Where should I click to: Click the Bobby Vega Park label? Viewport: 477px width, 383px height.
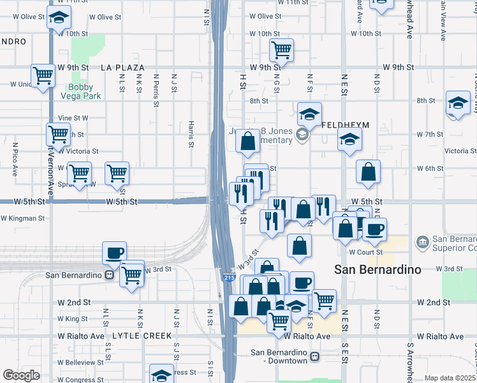(81, 91)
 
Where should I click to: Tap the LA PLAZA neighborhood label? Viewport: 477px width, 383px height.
(122, 67)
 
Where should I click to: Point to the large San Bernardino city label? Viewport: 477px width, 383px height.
(378, 269)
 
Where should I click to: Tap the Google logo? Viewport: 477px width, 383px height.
(21, 375)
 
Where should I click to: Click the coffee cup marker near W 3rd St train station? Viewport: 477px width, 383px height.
(114, 253)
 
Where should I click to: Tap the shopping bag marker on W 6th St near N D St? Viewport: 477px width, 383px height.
(369, 171)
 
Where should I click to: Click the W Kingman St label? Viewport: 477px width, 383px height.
(23, 218)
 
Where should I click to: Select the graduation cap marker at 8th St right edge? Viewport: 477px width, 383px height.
(458, 103)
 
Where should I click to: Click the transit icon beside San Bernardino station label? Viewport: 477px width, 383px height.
(109, 276)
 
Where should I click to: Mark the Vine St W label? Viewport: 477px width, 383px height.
(73, 118)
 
